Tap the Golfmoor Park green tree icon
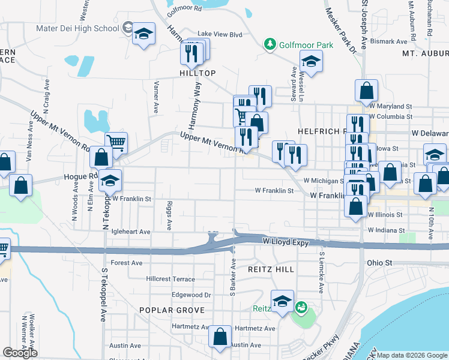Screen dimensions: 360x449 click(x=271, y=44)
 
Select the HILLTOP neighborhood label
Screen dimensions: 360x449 click(x=197, y=73)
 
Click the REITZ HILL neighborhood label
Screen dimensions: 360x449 click(x=271, y=269)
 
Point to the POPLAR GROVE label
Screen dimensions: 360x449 click(x=172, y=310)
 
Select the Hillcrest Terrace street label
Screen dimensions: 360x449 click(x=170, y=279)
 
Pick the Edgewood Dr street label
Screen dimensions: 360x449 click(x=191, y=295)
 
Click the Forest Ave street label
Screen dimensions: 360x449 click(x=127, y=263)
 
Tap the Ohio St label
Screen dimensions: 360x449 click(x=379, y=263)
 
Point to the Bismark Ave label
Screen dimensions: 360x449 click(x=389, y=41)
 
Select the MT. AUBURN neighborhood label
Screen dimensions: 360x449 click(x=425, y=54)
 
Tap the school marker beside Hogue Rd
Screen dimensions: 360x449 click(x=110, y=180)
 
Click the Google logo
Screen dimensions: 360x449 click(x=20, y=353)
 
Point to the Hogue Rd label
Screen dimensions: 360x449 click(x=85, y=176)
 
